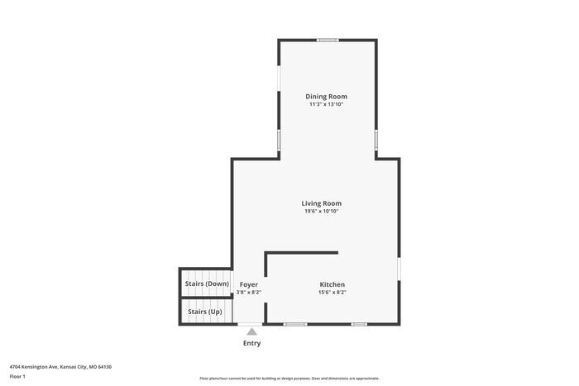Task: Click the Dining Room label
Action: pyautogui.click(x=326, y=97)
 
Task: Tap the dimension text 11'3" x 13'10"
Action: pyautogui.click(x=326, y=105)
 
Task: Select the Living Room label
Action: pyautogui.click(x=321, y=203)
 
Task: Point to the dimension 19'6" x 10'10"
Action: pyautogui.click(x=321, y=212)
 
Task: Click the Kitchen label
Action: pyautogui.click(x=332, y=284)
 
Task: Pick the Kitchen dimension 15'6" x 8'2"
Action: pyautogui.click(x=332, y=292)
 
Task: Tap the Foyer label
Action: pyautogui.click(x=249, y=284)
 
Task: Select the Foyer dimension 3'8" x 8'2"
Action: pyautogui.click(x=249, y=292)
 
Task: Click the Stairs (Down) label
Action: pyautogui.click(x=207, y=284)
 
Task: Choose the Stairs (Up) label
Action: pyautogui.click(x=204, y=312)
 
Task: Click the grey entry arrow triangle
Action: pyautogui.click(x=251, y=331)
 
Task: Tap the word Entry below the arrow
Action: pyautogui.click(x=251, y=343)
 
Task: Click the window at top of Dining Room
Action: pyautogui.click(x=328, y=40)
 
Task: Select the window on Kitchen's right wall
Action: pyautogui.click(x=399, y=269)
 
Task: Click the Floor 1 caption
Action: pyautogui.click(x=17, y=376)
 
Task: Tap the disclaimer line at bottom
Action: pyautogui.click(x=289, y=378)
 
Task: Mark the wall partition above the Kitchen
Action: pyautogui.click(x=301, y=253)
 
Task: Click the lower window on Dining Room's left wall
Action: pyautogui.click(x=279, y=140)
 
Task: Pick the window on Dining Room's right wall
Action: pyautogui.click(x=376, y=139)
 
